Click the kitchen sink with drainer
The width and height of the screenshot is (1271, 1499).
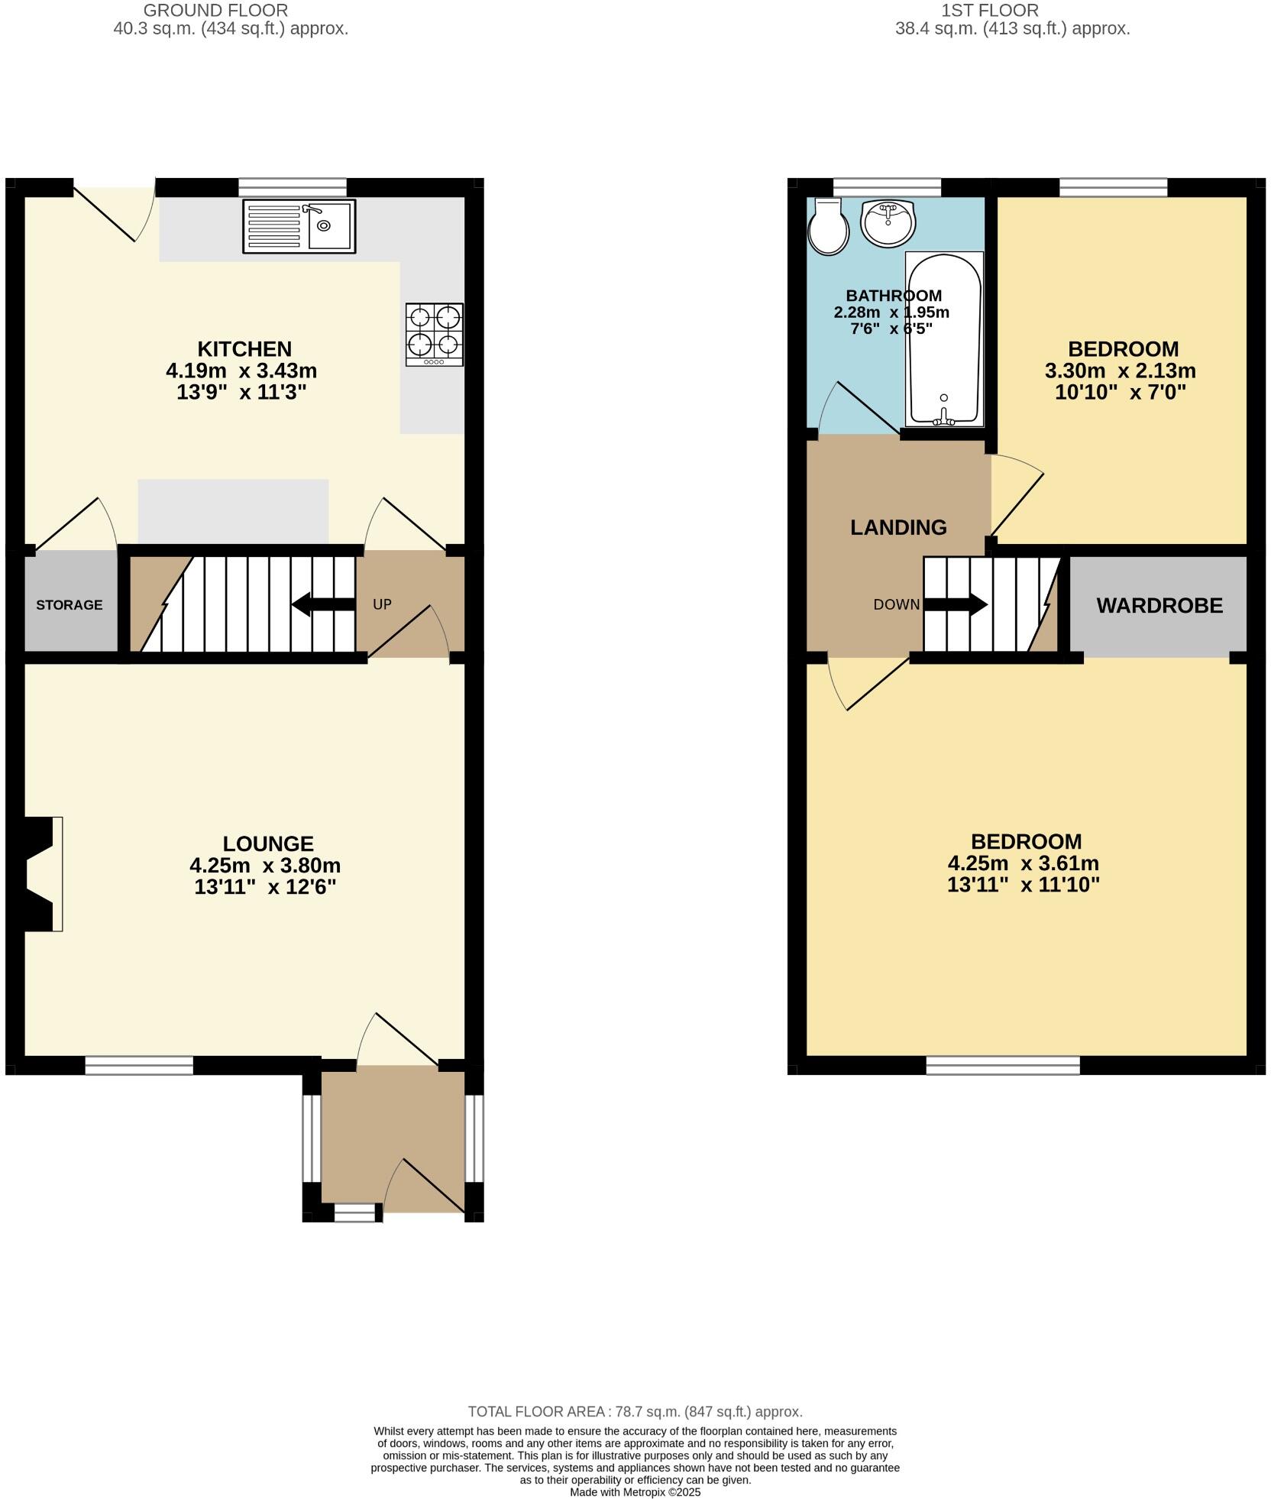[299, 226]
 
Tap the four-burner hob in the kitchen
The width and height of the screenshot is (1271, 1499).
[435, 334]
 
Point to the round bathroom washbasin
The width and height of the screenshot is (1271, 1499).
[887, 222]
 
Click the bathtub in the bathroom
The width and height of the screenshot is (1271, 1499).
[944, 338]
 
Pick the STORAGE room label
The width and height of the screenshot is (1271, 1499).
[70, 605]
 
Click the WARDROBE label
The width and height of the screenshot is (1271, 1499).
[1159, 606]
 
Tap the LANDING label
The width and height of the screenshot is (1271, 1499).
[898, 527]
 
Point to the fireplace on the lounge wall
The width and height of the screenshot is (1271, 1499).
[38, 874]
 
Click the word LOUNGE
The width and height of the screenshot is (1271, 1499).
[268, 843]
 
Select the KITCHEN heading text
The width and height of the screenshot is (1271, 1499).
[244, 349]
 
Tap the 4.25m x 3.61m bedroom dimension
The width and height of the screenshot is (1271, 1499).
[1023, 863]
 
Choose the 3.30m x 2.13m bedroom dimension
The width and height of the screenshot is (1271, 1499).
[1120, 371]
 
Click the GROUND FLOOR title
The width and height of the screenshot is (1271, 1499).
[216, 11]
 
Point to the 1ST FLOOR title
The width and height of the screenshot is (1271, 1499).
[989, 11]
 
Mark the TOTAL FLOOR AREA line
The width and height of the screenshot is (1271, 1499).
[635, 1412]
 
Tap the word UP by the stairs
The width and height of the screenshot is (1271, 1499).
[382, 604]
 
